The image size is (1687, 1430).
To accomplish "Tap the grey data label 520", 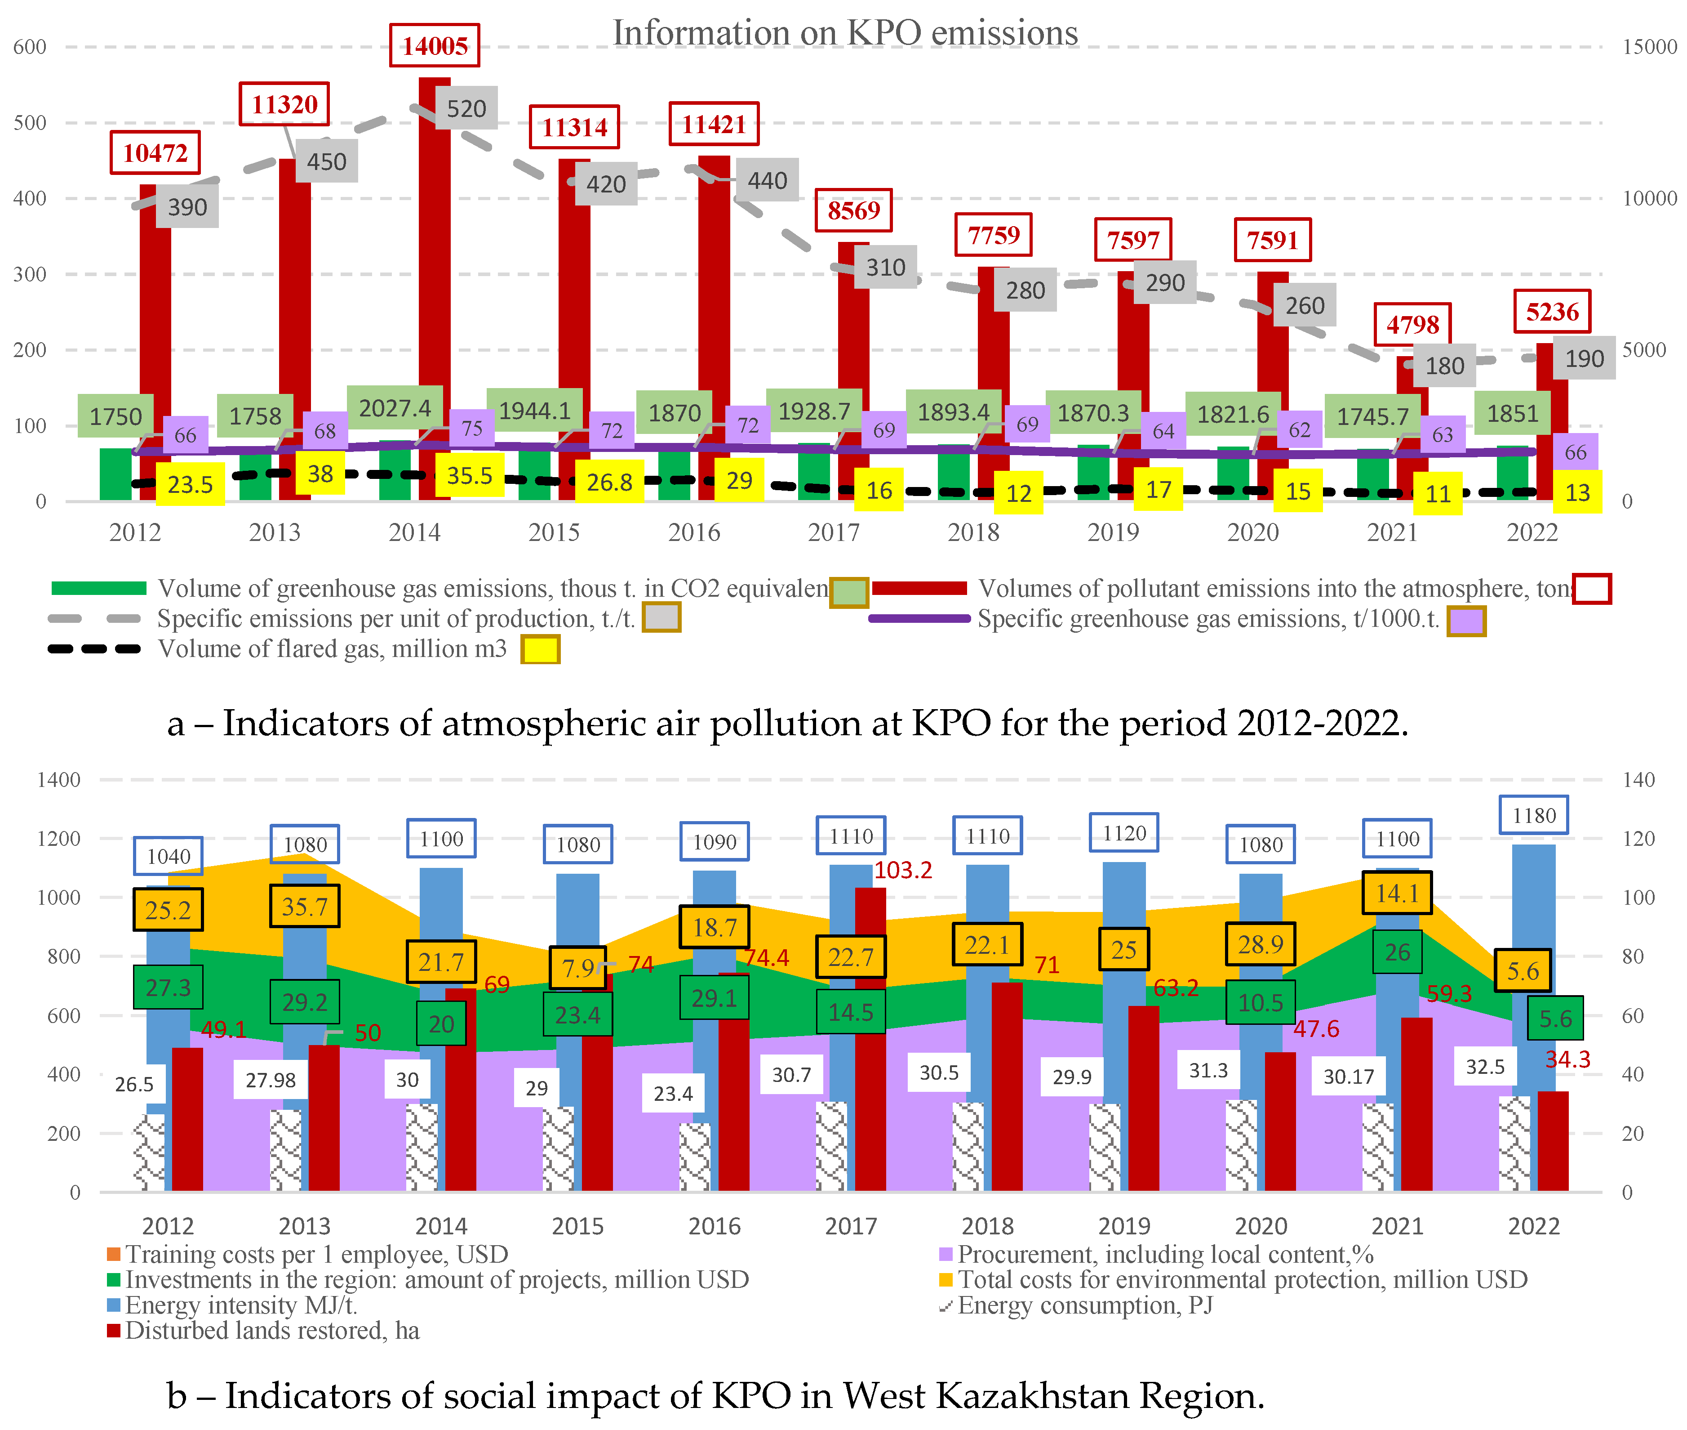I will coord(467,109).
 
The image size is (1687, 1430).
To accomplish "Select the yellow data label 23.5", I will coord(190,485).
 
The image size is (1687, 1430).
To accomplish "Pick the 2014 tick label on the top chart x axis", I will coord(414,532).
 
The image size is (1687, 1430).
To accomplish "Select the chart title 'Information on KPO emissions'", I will coord(845,33).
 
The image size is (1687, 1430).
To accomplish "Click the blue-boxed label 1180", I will coord(1534,816).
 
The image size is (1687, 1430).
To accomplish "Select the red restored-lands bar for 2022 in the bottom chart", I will coord(1553,1141).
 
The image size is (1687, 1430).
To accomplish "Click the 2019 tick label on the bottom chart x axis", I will coord(1124,1226).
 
